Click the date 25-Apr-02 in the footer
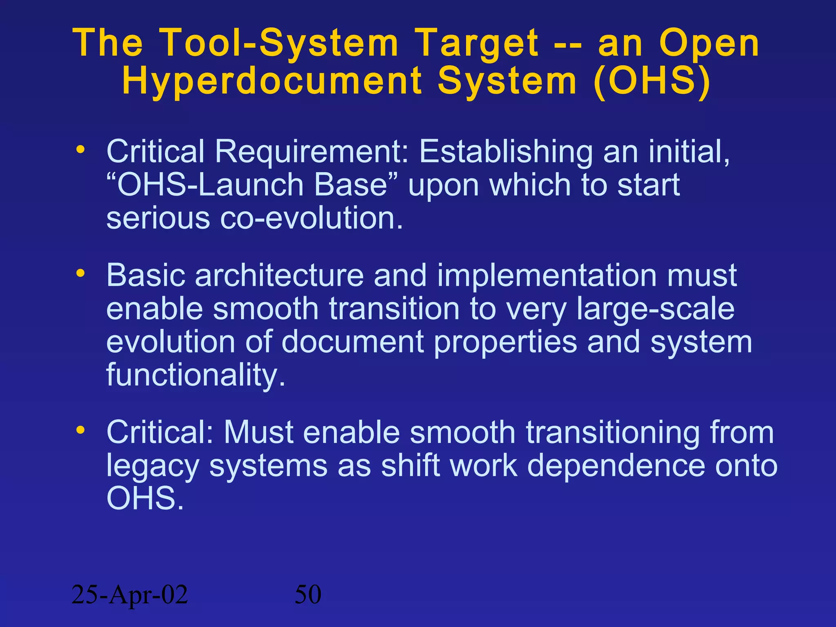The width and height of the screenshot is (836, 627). click(129, 595)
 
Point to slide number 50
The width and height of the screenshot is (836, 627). click(308, 595)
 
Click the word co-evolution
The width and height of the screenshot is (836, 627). click(311, 218)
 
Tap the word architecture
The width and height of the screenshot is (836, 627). click(279, 276)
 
